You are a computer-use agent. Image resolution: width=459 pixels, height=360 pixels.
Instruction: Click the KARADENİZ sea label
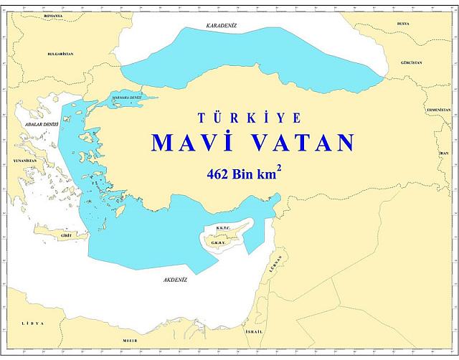(x=221, y=26)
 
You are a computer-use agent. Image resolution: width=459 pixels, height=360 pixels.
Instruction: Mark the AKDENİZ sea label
(x=175, y=281)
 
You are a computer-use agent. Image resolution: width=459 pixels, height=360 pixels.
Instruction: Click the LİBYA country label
(x=32, y=323)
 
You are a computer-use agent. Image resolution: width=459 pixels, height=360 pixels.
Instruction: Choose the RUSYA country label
(x=402, y=24)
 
